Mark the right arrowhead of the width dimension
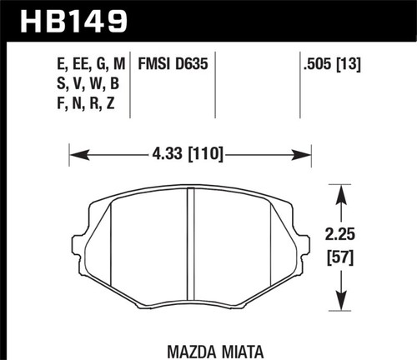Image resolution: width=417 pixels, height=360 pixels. click(306, 154)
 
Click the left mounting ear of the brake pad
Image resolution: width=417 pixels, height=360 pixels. click(78, 247)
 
